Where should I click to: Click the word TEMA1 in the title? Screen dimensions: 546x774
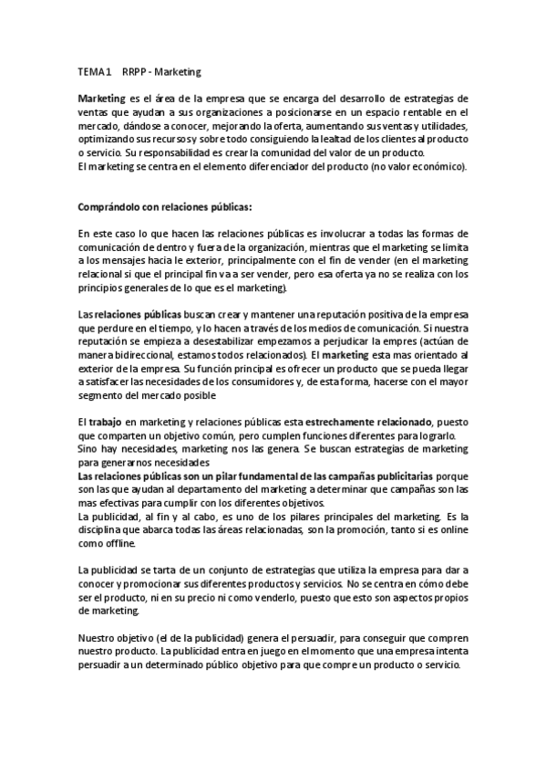pos(94,70)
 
